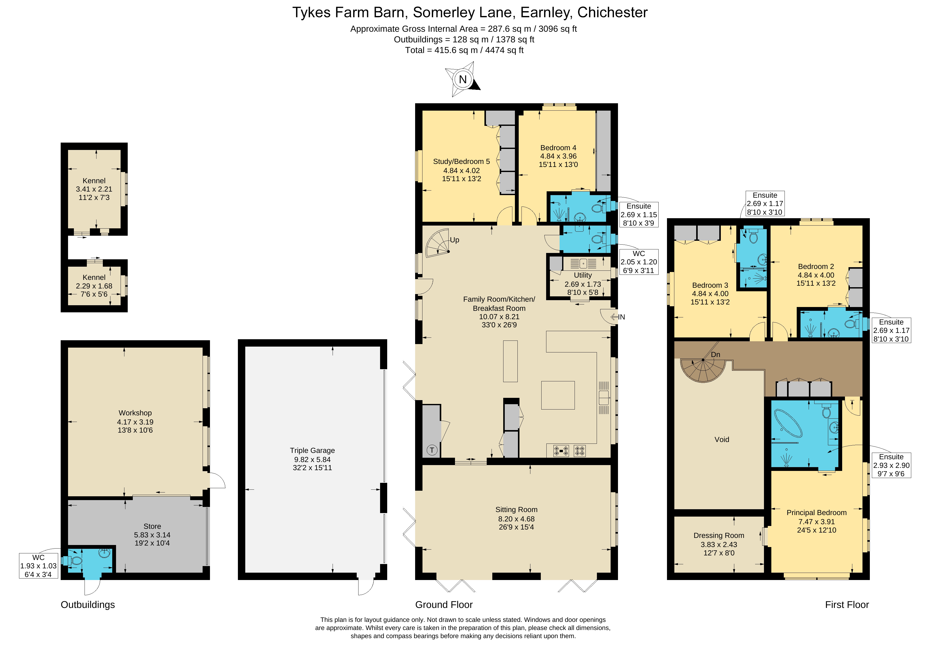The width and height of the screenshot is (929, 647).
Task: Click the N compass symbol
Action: point(463,79)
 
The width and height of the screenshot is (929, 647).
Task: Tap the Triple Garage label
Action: point(312,450)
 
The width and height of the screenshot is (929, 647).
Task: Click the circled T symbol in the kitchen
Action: point(432,450)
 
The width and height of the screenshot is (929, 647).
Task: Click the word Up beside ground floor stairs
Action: point(454,240)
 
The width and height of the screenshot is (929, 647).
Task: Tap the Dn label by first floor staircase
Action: point(715,355)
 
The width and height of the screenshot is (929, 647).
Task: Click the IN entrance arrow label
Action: point(621,317)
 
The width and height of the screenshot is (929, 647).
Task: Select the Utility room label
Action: point(583,275)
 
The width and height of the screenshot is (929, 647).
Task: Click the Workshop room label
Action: point(135,413)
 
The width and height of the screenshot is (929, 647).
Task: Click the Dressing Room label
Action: point(719,535)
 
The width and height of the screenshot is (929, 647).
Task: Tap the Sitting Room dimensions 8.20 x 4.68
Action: point(516,519)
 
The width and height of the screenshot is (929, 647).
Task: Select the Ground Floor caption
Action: point(444,605)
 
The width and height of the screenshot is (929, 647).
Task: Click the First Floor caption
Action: point(846,605)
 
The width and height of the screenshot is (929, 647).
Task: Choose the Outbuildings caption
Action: point(88,605)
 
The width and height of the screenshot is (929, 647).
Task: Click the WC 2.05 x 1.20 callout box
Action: point(639,262)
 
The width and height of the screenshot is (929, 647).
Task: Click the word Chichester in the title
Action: point(612,12)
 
